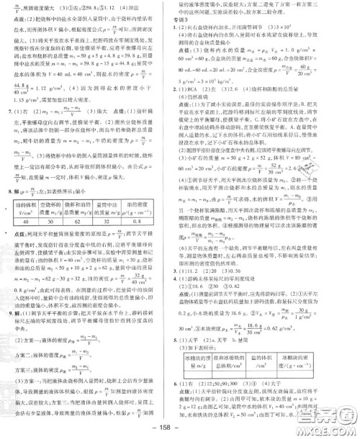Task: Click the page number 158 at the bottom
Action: click(x=179, y=430)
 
